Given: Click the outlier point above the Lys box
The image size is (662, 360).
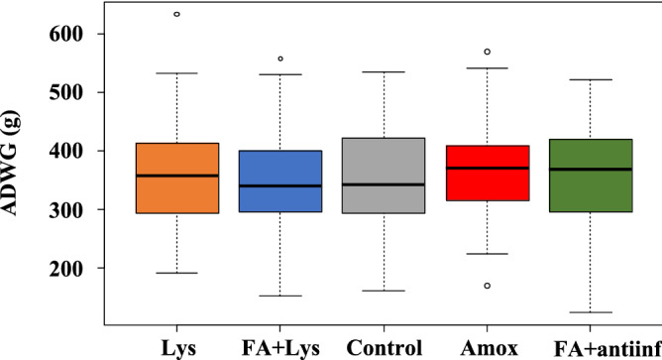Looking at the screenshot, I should coord(177,15).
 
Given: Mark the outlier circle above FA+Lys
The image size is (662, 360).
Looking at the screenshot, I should coord(280,59).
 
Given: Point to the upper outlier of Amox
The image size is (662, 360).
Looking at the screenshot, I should coord(487,52).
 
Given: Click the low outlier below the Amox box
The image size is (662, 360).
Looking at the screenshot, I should coord(487,286).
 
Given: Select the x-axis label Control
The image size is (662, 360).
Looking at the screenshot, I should coord(384,348).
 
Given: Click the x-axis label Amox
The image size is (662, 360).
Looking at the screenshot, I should coord(487,348).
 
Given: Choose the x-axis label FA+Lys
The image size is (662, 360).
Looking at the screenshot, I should coord(280,348).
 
